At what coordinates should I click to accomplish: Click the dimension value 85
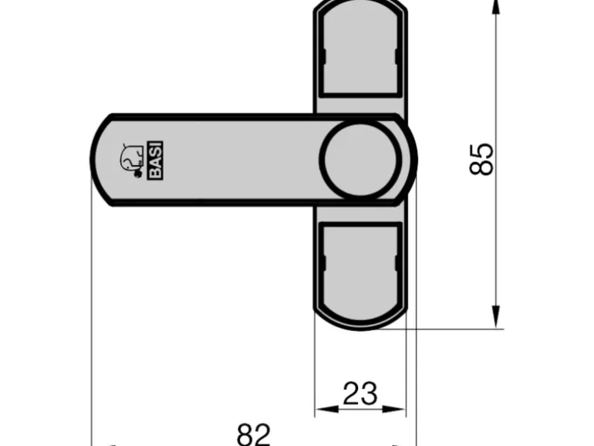pos(481,159)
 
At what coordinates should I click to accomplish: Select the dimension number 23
pos(359,394)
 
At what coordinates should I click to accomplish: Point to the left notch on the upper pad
pos(324,58)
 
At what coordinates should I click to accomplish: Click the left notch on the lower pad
pos(324,262)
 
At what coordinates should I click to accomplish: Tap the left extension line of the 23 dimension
pos(316,370)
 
